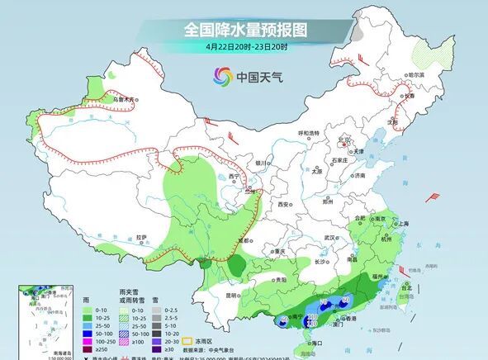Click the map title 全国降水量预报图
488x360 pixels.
click(244, 30)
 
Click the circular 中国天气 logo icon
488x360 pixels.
click(224, 77)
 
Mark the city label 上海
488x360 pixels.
click(404, 223)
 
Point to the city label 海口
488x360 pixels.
click(313, 343)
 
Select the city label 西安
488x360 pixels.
click(284, 204)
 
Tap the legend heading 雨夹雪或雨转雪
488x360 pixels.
click(127, 296)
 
